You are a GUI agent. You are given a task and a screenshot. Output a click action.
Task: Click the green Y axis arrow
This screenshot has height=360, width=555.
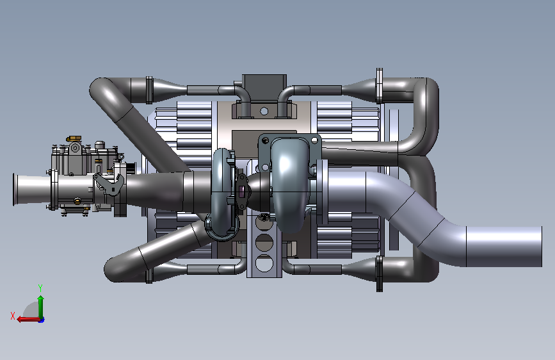click(41, 307)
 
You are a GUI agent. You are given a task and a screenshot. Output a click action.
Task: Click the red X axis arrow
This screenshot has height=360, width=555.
click(28, 319)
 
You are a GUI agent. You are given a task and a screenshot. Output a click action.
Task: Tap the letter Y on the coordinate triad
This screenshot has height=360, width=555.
click(40, 288)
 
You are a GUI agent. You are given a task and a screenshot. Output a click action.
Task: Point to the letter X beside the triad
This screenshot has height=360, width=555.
click(13, 316)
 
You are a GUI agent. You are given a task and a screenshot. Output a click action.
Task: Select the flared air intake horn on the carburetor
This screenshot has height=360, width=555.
click(32, 190)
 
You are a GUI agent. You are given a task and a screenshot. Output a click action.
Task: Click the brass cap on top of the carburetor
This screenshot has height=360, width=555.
click(74, 138)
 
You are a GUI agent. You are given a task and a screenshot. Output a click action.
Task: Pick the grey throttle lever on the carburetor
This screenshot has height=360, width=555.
click(109, 183)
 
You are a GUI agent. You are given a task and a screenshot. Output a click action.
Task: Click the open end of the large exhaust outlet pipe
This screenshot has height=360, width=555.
click(540, 247)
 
